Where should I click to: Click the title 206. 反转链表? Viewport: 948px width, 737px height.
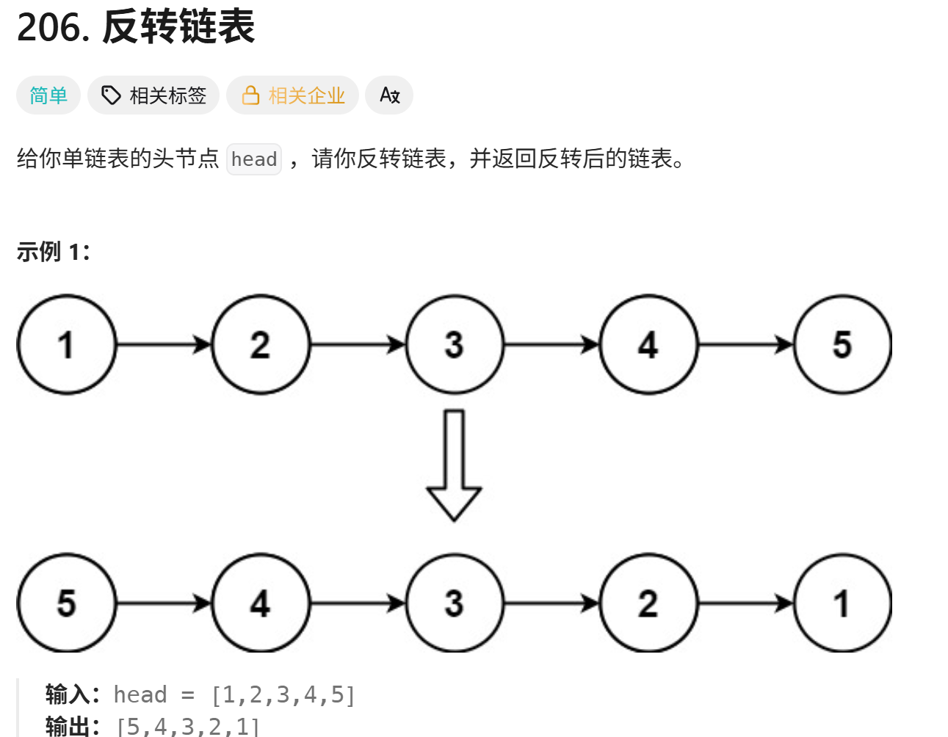136,28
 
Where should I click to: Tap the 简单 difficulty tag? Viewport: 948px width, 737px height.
48,95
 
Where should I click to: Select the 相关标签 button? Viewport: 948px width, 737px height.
153,95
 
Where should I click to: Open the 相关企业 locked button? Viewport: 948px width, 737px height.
292,95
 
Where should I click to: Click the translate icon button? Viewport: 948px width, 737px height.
389,95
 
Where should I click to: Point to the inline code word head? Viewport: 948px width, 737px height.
254,159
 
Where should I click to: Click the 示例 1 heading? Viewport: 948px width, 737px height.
53,252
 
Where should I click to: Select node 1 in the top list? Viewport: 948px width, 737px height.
67,344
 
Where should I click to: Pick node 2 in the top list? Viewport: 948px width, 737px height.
261,344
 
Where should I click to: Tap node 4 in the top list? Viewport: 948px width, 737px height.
648,344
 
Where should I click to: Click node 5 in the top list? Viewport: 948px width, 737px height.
842,344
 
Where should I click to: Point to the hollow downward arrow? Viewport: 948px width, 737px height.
454,465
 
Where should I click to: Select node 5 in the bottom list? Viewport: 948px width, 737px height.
67,603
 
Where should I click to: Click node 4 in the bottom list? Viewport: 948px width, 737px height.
261,603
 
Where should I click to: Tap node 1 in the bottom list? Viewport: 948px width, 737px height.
842,603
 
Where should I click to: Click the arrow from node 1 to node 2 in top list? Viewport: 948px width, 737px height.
164,344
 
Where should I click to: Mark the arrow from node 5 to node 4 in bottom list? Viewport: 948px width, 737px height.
164,603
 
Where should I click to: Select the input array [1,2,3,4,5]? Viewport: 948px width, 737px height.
283,694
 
